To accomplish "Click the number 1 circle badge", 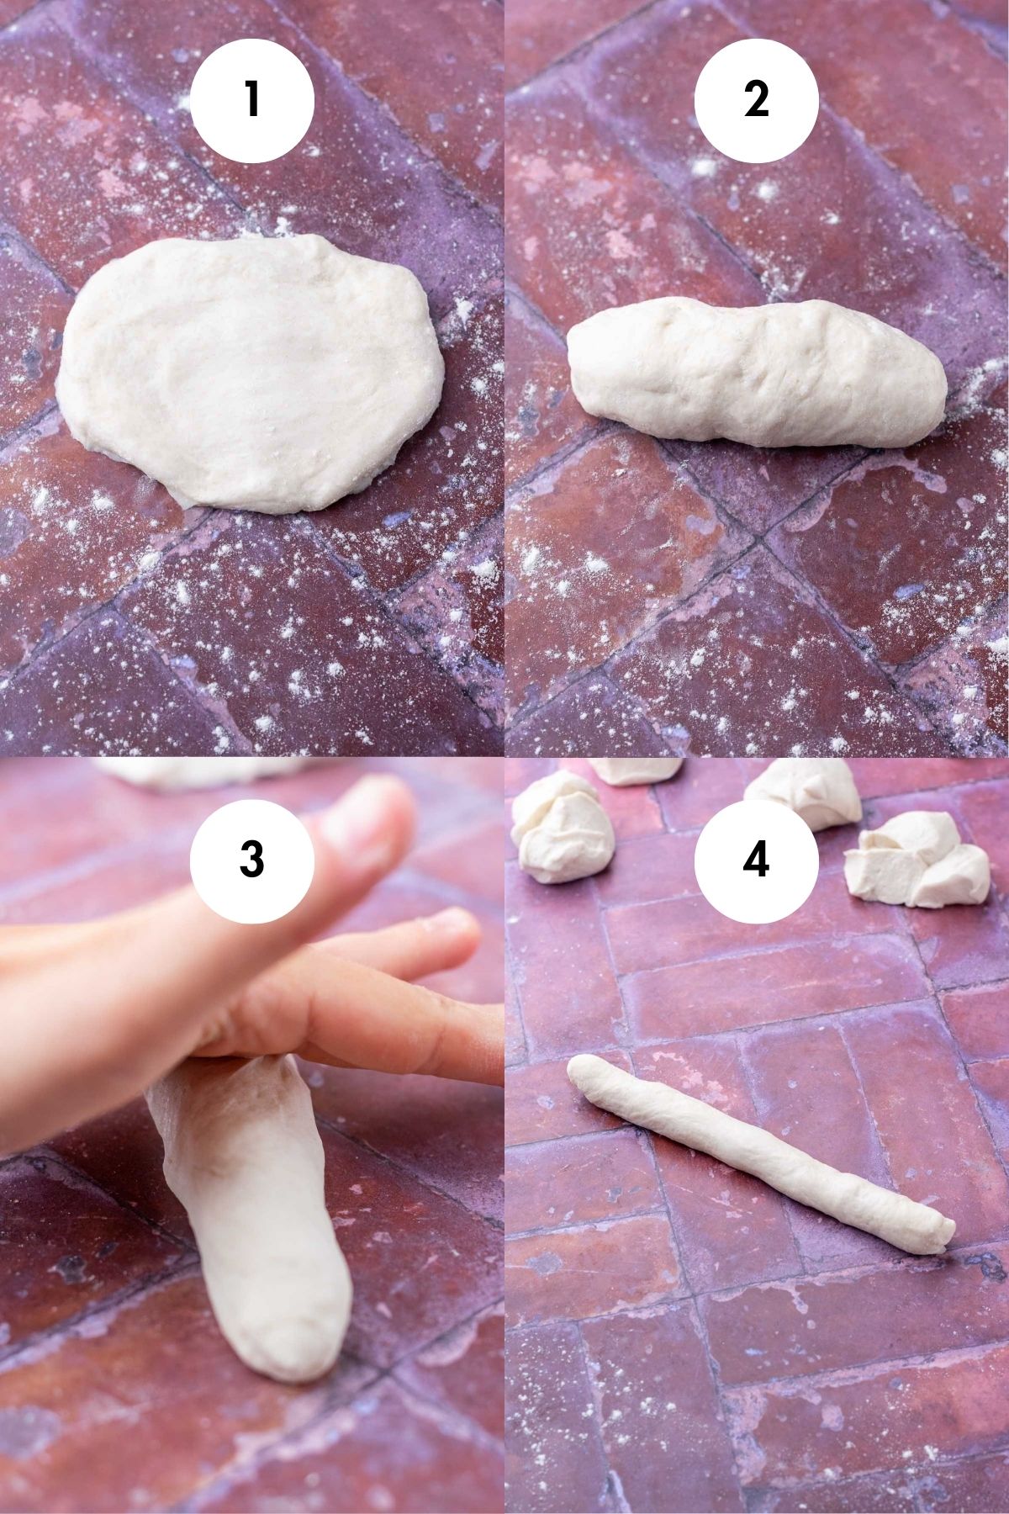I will pyautogui.click(x=252, y=101).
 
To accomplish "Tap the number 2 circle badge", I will pyautogui.click(x=756, y=101).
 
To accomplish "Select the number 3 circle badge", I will pyautogui.click(x=252, y=860).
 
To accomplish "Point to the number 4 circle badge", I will pyautogui.click(x=756, y=860).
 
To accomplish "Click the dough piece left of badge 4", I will pyautogui.click(x=555, y=828).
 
